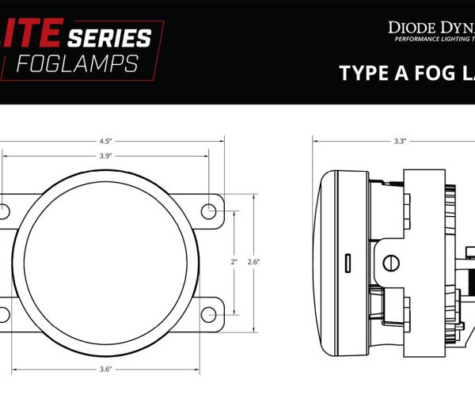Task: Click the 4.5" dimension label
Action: tap(104, 142)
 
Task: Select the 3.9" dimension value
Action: tap(104, 156)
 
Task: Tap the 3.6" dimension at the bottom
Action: tap(105, 369)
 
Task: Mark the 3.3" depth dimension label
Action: tap(400, 142)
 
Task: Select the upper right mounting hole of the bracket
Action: tap(208, 211)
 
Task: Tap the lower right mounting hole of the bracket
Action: tap(208, 314)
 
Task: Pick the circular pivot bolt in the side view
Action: tap(390, 262)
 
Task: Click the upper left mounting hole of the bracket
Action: tap(3, 211)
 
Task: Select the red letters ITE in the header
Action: tap(32, 36)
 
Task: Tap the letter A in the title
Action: tap(405, 73)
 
